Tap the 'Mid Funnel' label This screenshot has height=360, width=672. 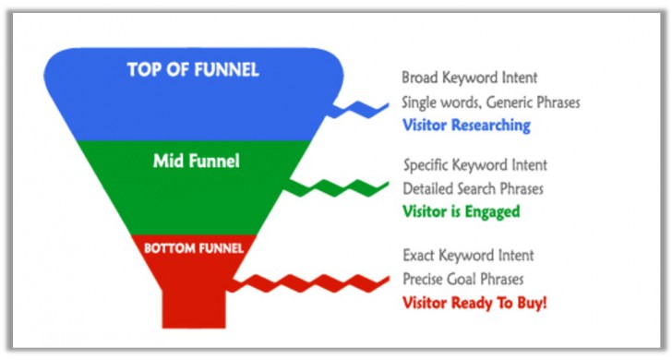[x=196, y=162]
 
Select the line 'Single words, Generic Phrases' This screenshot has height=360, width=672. [x=491, y=102]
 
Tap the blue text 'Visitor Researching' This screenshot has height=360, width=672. [x=466, y=126]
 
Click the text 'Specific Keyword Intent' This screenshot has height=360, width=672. [x=475, y=165]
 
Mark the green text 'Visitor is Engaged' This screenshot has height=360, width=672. [x=462, y=211]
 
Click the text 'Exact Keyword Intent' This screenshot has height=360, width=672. [x=468, y=254]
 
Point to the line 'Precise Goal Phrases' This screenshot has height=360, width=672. [x=462, y=277]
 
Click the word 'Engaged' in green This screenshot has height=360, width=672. [x=494, y=211]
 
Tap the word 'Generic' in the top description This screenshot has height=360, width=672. [x=510, y=102]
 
